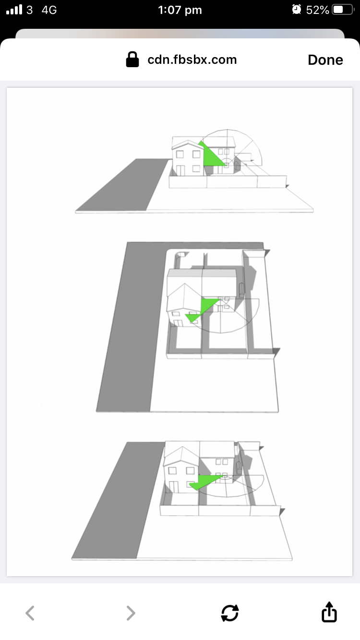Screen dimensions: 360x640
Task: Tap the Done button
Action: click(325, 60)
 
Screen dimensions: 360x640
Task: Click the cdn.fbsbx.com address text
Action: click(192, 59)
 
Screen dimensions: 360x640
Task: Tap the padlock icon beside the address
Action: click(132, 59)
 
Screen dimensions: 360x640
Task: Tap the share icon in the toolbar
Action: click(329, 612)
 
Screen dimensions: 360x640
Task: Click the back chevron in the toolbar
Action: click(30, 613)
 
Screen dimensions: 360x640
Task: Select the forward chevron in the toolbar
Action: click(131, 613)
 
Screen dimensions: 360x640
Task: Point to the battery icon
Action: click(343, 10)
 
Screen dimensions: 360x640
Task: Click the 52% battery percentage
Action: click(317, 10)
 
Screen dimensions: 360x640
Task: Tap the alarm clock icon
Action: click(297, 10)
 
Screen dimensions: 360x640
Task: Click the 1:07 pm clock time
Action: click(180, 10)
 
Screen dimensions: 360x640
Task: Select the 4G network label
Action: click(49, 10)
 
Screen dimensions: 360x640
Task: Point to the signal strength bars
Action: click(14, 10)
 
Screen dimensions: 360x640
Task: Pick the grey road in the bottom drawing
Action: click(117, 500)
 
